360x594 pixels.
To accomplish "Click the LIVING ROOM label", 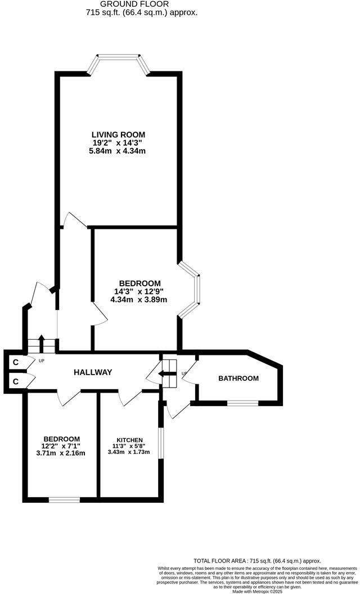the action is tap(118, 134).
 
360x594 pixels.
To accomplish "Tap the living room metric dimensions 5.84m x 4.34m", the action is tap(118, 151).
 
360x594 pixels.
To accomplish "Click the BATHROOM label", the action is tap(238, 378).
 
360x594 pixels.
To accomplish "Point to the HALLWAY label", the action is tap(93, 372).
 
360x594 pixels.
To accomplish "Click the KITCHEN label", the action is tap(129, 440).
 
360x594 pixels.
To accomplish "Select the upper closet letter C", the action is tap(16, 362).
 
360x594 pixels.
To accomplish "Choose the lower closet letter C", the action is tap(16, 381).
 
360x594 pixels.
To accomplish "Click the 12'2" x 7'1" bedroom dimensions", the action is tap(61, 446).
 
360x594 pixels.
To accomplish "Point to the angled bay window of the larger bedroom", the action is tap(190, 289).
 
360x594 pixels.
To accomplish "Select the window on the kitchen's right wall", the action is tap(161, 444).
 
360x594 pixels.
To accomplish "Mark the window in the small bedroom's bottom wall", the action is tap(65, 499).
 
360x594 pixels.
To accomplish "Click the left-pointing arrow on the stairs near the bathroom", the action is tap(165, 374).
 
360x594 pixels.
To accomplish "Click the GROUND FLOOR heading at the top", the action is tap(134, 4).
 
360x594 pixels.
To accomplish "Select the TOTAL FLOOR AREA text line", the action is tap(257, 561).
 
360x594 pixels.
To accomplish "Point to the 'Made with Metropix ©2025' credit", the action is tap(257, 591).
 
